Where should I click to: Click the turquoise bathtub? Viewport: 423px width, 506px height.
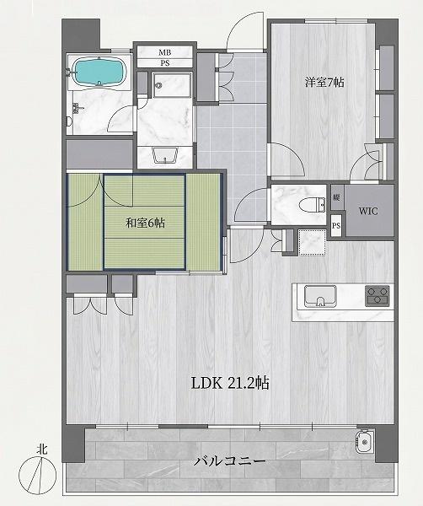(x=99, y=72)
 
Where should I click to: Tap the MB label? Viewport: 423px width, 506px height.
(x=165, y=52)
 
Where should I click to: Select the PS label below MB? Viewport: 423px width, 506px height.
(x=165, y=63)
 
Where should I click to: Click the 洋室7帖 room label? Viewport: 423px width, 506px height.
(x=324, y=83)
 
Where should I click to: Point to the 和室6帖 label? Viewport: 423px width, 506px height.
(x=145, y=223)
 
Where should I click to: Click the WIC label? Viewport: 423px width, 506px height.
(x=368, y=212)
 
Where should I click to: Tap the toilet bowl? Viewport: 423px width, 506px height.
(x=312, y=205)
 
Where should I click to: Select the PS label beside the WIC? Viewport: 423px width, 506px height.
(x=336, y=225)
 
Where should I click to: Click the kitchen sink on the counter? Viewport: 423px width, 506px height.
(x=320, y=297)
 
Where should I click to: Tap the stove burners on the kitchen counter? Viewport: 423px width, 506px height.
(x=377, y=296)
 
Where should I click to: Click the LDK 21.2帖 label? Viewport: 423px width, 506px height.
(x=230, y=384)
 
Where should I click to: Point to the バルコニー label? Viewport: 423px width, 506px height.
(x=229, y=461)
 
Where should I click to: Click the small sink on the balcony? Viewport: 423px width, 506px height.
(x=365, y=441)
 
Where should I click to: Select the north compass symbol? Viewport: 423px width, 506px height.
(x=38, y=475)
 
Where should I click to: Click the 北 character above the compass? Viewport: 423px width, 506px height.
(x=42, y=449)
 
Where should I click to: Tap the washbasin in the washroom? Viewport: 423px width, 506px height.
(x=165, y=155)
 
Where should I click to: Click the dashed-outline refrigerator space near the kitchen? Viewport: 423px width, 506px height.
(x=312, y=242)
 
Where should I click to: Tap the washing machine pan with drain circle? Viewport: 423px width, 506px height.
(x=172, y=85)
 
